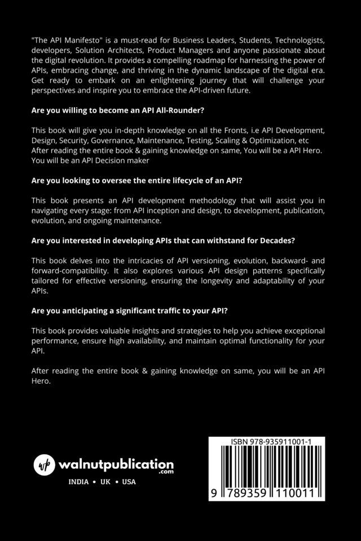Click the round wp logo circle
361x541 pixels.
click(x=44, y=465)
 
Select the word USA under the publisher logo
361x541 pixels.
click(x=129, y=482)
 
